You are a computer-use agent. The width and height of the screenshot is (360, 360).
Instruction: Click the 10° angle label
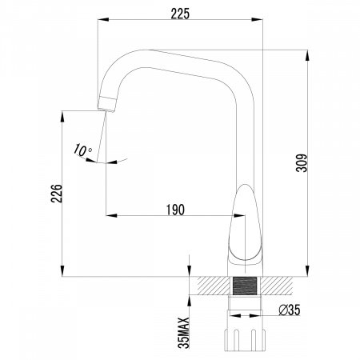pyautogui.click(x=82, y=150)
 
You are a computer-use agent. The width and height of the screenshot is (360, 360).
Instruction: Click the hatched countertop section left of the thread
pyautogui.click(x=211, y=286)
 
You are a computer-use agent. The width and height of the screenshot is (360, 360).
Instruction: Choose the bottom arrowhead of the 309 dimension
pyautogui.click(x=308, y=272)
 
